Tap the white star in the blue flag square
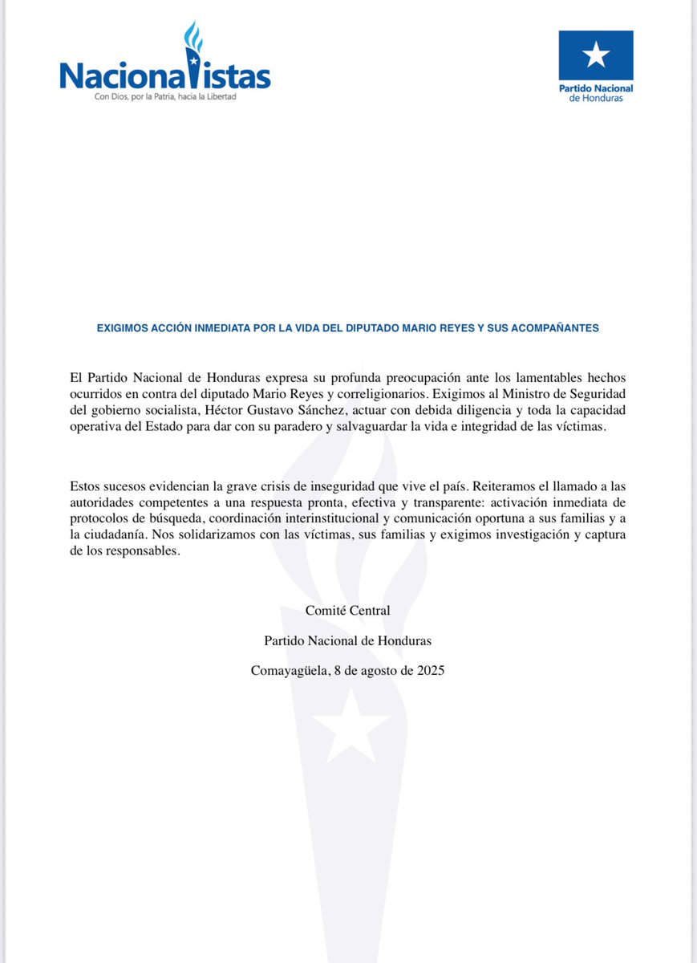(596, 55)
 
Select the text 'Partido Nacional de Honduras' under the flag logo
(595, 92)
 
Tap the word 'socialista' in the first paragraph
(181, 410)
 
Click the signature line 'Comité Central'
(347, 611)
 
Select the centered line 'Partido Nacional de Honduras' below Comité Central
(347, 640)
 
